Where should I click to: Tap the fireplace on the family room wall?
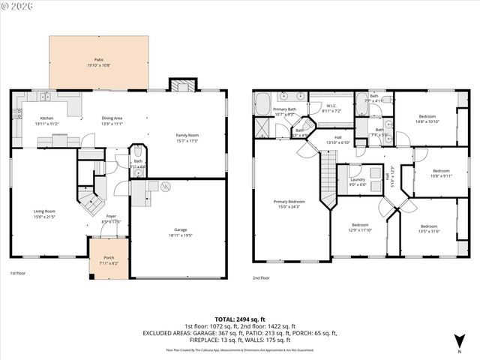tap(180, 85)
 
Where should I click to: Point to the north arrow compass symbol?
tap(458, 341)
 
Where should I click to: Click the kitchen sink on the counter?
tap(46, 97)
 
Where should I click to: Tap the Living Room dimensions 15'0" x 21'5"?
tap(44, 217)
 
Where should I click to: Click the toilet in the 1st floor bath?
tap(136, 172)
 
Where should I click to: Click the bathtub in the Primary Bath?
tap(262, 103)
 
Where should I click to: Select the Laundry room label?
tap(357, 181)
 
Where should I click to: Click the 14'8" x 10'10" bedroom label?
tap(428, 118)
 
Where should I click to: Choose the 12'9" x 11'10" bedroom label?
tap(361, 227)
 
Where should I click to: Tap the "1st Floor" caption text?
tap(19, 273)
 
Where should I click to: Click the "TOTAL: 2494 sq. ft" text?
tap(239, 319)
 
